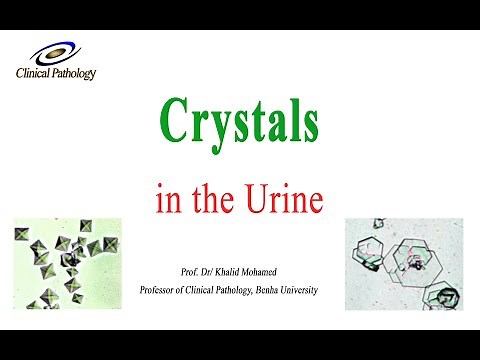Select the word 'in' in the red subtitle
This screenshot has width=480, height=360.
click(167, 198)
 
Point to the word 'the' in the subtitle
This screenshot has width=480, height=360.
click(213, 198)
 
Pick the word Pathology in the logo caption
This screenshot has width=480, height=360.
click(73, 73)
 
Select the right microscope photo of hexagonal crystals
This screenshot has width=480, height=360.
click(401, 264)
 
